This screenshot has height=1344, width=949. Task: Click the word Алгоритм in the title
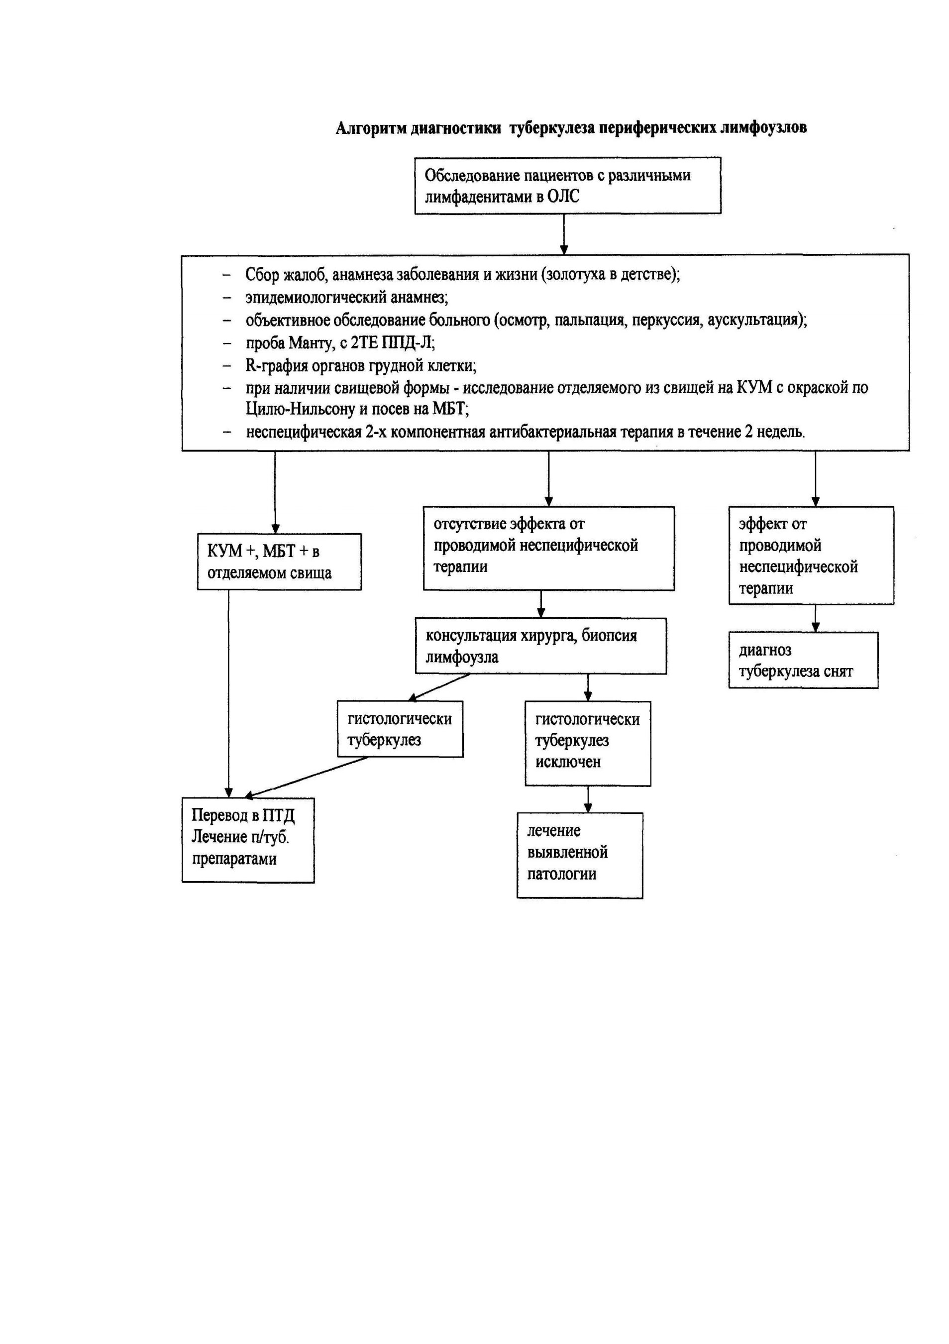point(371,128)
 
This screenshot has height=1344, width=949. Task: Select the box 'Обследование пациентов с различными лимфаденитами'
point(567,186)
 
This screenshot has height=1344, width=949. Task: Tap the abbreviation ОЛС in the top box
point(563,196)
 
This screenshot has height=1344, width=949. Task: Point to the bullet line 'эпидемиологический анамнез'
point(346,297)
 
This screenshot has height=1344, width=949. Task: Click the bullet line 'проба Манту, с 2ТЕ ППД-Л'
point(340,342)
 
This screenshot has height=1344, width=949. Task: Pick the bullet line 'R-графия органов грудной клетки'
point(360,366)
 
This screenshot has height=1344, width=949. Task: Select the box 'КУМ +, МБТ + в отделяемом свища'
point(279,561)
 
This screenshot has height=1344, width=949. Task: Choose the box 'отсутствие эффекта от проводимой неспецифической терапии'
point(549,548)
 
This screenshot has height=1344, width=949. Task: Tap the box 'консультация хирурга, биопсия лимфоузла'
point(540,646)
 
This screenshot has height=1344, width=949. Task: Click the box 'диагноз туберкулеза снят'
point(803,660)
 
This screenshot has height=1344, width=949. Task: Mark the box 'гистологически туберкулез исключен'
point(588,743)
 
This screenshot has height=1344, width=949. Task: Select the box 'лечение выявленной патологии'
point(580,855)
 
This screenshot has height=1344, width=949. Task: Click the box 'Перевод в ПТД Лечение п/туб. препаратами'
point(248,840)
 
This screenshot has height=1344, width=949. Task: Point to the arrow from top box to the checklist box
point(564,234)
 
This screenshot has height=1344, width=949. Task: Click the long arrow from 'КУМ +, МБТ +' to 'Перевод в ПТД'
point(229,694)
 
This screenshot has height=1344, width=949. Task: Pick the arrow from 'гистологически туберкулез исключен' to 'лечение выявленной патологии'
point(588,799)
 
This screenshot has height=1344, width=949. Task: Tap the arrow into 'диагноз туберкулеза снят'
point(816,618)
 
